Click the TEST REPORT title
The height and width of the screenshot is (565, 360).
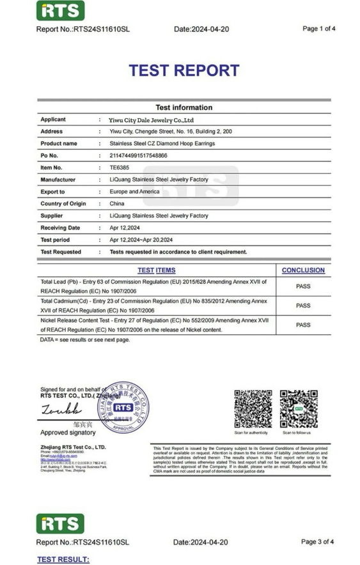coord(184,71)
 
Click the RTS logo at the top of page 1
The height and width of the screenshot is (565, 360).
coord(61,10)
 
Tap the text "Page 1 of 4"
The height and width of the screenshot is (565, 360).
coord(318,29)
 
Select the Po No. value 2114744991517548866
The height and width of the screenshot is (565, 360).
coord(139,155)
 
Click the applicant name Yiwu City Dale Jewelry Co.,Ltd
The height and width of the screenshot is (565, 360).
coord(151,120)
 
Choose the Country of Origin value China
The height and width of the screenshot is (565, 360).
coord(117,204)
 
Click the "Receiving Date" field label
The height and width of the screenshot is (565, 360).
coord(61,228)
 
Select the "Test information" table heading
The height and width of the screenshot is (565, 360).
coord(184,107)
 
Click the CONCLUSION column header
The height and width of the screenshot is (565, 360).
coord(303,270)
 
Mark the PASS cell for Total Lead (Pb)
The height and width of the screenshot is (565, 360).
coord(303,287)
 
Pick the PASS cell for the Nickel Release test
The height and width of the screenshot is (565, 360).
coord(303,325)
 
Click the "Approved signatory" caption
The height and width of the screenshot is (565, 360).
coord(68,433)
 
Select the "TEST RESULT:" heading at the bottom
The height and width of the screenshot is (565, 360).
coord(63,559)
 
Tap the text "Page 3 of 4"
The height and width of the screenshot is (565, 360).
coord(318,542)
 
